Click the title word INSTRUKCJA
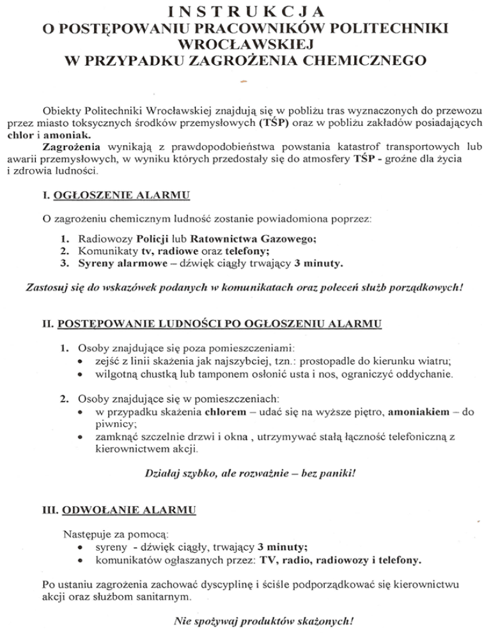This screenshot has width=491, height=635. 245,11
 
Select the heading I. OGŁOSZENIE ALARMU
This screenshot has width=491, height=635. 116,194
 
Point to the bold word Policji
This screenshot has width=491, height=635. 146,239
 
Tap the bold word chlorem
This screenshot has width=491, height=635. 226,413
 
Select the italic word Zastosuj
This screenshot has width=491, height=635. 47,287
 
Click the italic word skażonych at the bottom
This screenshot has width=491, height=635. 325,620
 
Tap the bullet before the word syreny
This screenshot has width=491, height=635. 79,547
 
